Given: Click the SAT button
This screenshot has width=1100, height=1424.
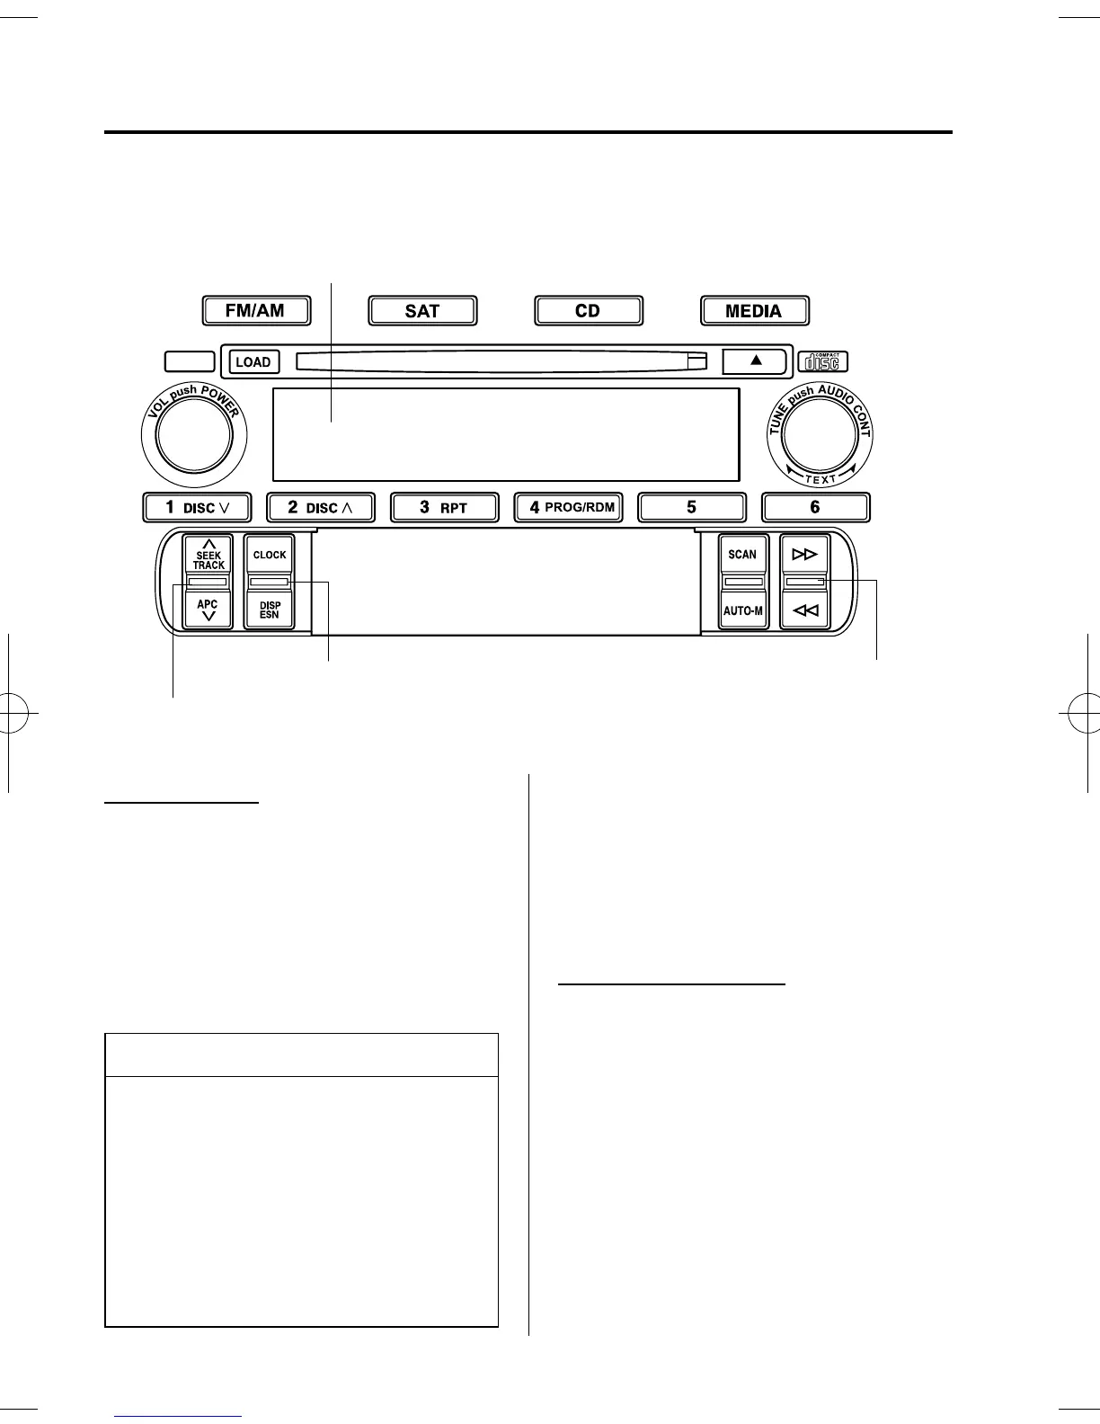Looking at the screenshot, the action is [x=422, y=311].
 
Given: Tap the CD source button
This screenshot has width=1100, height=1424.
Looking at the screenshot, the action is [x=588, y=311].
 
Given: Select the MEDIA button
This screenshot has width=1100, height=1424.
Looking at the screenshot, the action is [x=754, y=311].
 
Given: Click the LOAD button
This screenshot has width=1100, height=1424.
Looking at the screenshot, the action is [x=253, y=361].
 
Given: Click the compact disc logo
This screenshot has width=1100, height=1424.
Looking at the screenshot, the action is [x=822, y=361].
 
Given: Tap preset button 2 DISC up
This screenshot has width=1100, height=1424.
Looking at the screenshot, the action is [x=320, y=508].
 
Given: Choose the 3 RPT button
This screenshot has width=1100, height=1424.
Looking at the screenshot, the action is [x=444, y=508].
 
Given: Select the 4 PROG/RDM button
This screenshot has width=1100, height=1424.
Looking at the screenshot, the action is [x=568, y=508].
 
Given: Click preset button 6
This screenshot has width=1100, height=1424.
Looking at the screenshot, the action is [x=815, y=508].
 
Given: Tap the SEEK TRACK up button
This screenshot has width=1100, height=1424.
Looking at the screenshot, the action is [x=208, y=556].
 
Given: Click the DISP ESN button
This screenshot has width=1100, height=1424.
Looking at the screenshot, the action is [x=270, y=610].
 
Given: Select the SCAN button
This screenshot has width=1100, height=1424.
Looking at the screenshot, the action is [x=742, y=556].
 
